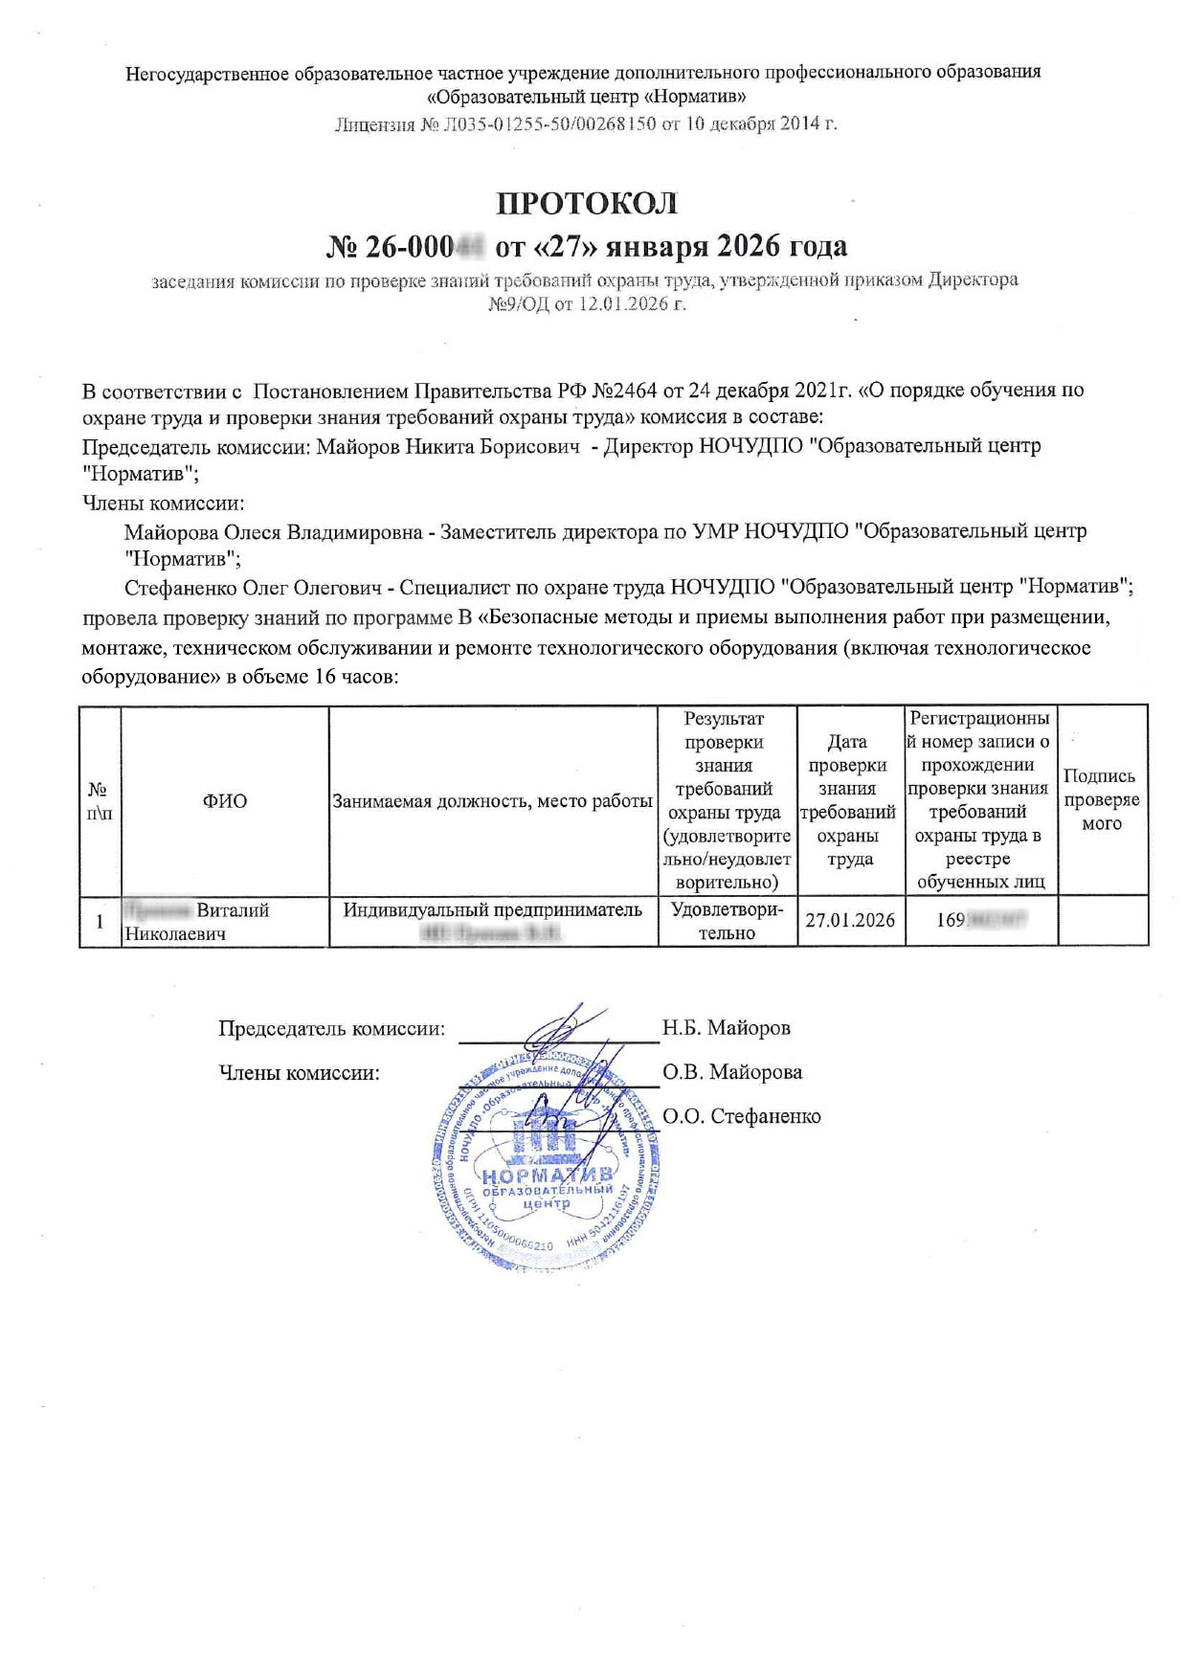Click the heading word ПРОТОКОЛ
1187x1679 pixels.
(x=586, y=204)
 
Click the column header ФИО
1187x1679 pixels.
(x=224, y=801)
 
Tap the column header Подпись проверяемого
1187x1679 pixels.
(x=1102, y=800)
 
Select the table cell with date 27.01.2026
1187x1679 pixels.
(x=850, y=921)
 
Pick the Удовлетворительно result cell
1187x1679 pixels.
(x=727, y=921)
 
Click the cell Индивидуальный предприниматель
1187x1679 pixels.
(x=492, y=910)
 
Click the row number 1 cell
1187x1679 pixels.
(x=100, y=922)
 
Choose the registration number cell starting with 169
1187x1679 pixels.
(x=980, y=921)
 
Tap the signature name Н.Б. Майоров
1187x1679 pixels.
(x=727, y=1028)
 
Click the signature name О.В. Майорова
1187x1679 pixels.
(x=732, y=1072)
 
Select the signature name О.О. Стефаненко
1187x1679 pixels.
(x=742, y=1116)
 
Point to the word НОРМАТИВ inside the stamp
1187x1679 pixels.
(x=546, y=1175)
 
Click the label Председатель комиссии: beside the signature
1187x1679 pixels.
(x=331, y=1029)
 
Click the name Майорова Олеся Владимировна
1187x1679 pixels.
(x=273, y=532)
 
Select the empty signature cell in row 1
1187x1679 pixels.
(x=1103, y=921)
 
